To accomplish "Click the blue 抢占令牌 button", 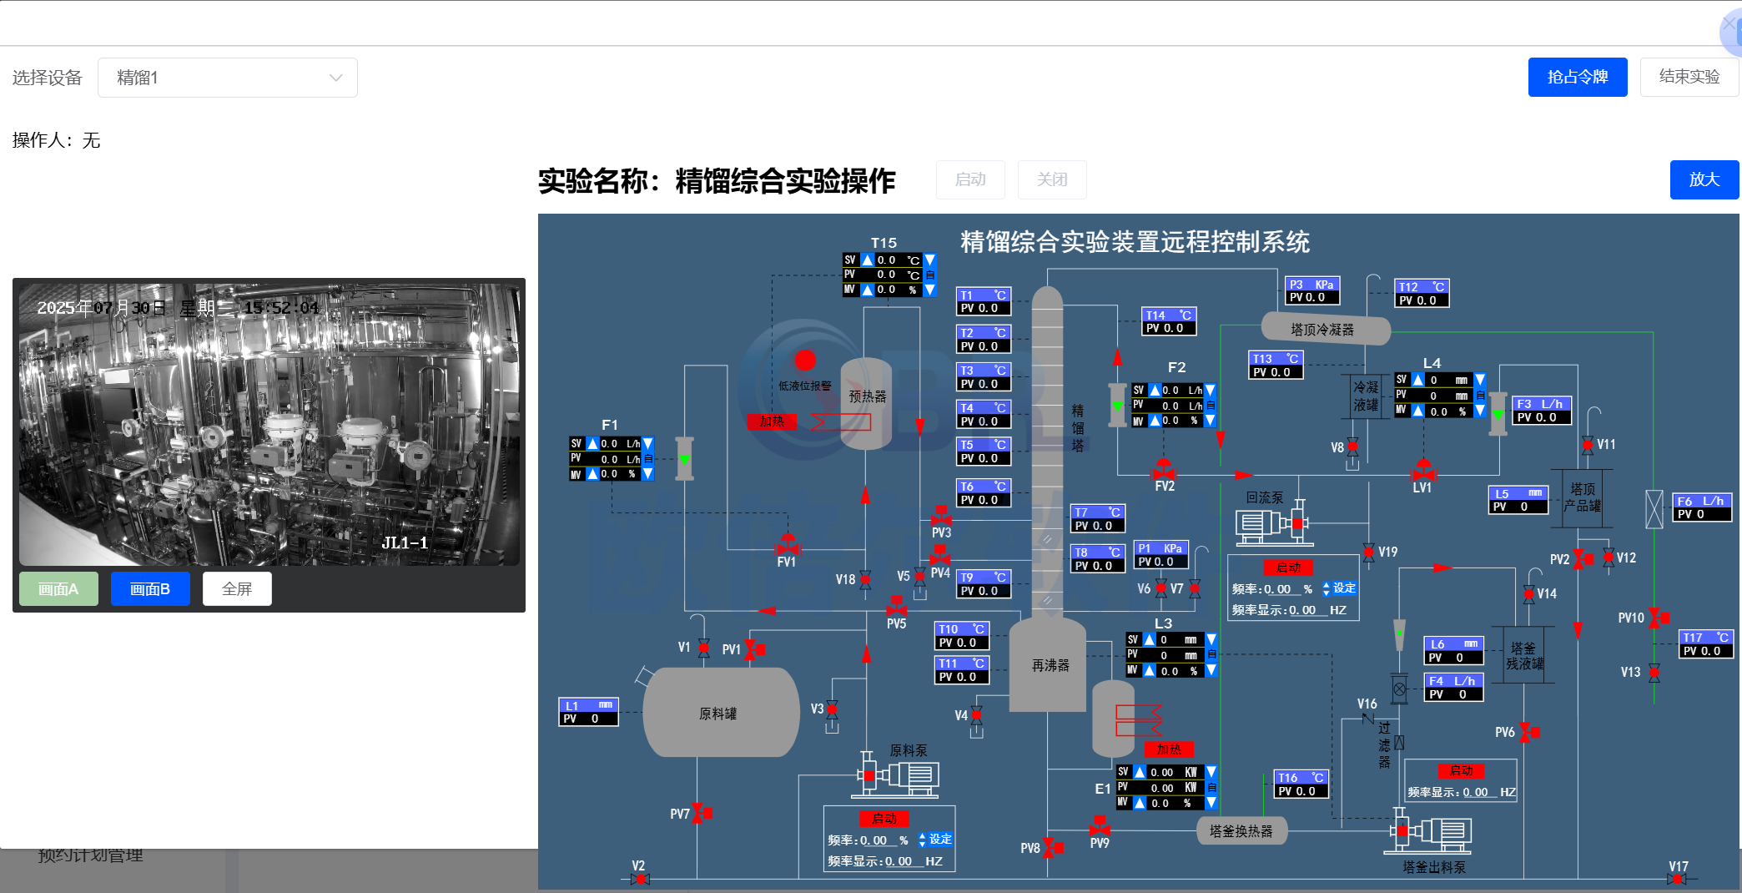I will [1577, 77].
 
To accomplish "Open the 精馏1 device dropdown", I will [227, 78].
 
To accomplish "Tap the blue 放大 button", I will [1704, 179].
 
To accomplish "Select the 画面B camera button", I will [150, 589].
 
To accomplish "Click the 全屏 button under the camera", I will [237, 589].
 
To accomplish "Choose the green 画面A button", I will [58, 589].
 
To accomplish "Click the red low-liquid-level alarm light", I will [805, 361].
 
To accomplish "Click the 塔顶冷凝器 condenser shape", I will [1324, 329].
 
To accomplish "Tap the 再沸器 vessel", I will [1049, 665].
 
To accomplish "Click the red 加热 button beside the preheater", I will [772, 421].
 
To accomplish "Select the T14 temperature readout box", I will [1168, 321].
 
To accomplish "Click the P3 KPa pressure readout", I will [1312, 291].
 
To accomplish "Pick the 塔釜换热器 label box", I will [1241, 831].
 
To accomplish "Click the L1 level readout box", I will [588, 712].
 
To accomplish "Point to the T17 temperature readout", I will [1705, 644].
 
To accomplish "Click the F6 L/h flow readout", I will [1702, 507].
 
